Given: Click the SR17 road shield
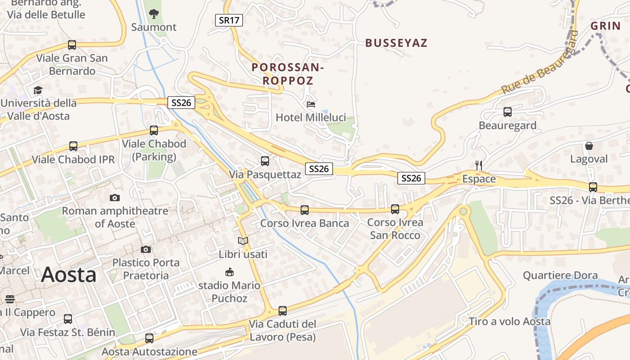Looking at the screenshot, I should [229, 20].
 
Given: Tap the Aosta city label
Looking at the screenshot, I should [69, 274].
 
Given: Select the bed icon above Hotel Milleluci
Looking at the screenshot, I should [311, 104].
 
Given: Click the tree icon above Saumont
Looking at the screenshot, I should [154, 13].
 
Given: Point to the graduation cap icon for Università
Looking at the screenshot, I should [38, 90].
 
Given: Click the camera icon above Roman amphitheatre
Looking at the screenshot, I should [115, 198].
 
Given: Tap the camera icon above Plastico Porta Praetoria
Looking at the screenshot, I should [146, 249].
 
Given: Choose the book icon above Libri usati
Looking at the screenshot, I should [243, 241].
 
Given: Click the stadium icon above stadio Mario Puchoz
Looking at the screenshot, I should [229, 272].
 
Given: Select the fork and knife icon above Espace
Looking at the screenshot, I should [479, 166].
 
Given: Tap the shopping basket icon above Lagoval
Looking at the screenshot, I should [589, 146].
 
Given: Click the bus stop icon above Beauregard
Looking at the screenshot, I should [508, 112].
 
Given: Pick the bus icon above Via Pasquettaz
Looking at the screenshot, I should [265, 161].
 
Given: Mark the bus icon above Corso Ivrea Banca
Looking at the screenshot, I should [305, 210].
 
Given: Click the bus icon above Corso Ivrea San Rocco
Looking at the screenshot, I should [395, 209].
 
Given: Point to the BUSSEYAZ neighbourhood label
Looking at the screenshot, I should [396, 43].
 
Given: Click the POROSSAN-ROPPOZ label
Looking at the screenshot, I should [288, 74].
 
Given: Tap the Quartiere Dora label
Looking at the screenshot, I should [567, 275].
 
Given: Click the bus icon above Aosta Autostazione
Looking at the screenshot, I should [149, 338].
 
